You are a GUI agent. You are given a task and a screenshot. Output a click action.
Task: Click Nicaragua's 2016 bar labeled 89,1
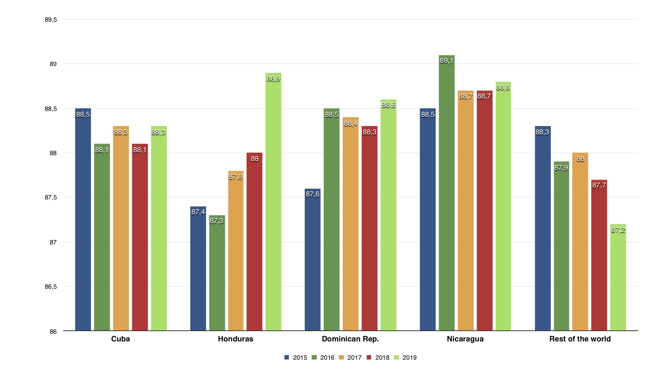pos(447,192)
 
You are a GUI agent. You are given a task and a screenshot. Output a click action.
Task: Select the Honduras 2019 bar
pos(273,202)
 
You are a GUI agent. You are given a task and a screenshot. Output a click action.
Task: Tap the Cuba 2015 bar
pos(83,219)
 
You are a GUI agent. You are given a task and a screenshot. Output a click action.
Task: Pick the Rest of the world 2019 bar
pos(618,277)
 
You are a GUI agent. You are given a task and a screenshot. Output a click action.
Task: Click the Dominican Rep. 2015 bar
pos(312,260)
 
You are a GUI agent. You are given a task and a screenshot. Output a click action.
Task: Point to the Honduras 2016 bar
pos(217,273)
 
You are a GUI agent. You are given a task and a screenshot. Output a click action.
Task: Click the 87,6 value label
pos(312,194)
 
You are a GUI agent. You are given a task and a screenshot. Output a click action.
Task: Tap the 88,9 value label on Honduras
pos(273,79)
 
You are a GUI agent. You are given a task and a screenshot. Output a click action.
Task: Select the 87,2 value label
pos(618,230)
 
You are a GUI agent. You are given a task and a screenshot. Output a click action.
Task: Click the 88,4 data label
pos(350,123)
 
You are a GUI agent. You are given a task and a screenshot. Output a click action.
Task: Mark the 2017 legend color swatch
pos(341,357)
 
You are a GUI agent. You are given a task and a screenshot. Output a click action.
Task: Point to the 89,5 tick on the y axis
pos(51,19)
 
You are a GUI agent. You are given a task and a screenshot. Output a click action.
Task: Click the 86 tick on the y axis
pos(53,332)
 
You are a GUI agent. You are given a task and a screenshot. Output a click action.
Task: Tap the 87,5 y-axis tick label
pos(51,198)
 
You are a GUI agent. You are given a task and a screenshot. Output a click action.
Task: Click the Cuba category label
pos(120,339)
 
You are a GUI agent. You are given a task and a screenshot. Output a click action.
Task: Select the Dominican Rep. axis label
pos(350,339)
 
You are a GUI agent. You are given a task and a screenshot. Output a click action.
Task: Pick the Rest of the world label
pos(580,339)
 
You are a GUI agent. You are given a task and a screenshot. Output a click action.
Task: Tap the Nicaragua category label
pos(465,339)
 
